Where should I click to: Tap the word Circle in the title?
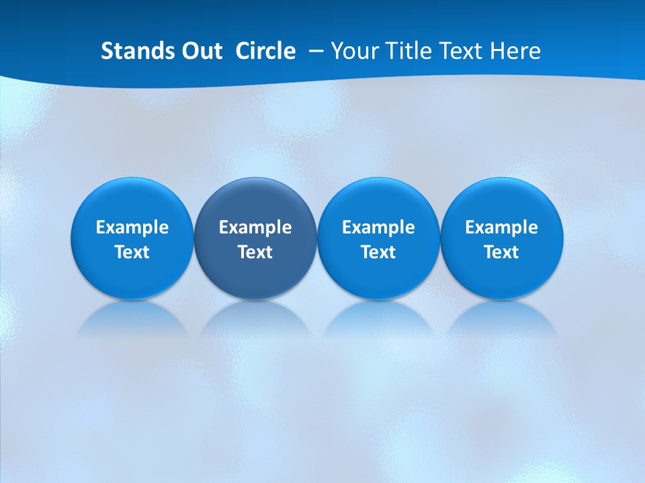coord(265,51)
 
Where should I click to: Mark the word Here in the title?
coord(515,51)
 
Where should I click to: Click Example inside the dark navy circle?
coord(255,227)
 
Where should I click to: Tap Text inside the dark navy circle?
coord(255,252)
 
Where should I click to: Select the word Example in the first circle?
coord(132,227)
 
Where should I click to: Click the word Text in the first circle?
coord(132,252)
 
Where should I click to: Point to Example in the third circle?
coord(378,227)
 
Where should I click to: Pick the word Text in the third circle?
coord(378,252)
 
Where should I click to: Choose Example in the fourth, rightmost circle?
coord(501,227)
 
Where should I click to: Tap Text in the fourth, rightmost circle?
coord(501,252)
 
